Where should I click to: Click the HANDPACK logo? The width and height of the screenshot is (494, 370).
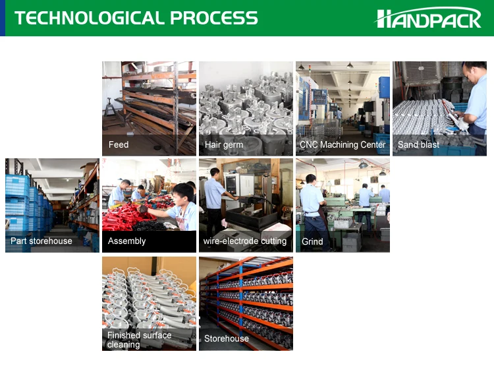428,18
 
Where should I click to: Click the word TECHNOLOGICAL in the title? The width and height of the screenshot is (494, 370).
89,18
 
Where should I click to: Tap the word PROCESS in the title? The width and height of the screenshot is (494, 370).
214,18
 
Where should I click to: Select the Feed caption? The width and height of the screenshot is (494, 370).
119,145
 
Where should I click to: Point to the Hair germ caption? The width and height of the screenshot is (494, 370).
224,145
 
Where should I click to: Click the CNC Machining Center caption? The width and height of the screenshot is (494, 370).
343,145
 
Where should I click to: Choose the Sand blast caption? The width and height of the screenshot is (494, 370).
418,145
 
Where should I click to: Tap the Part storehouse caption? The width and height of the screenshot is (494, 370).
41,241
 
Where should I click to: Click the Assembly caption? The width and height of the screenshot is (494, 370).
126,241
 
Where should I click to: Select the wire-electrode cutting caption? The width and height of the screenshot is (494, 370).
245,241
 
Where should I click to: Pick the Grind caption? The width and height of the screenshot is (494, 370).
312,241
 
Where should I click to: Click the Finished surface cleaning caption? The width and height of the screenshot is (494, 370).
139,340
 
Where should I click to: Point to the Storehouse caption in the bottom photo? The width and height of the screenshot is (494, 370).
226,338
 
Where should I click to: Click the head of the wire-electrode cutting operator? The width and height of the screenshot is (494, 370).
215,173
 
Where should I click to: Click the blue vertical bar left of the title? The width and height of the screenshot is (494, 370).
3,18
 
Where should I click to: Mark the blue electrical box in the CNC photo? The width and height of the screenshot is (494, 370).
384,87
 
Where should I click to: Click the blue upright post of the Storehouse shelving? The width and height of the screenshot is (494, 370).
241,303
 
